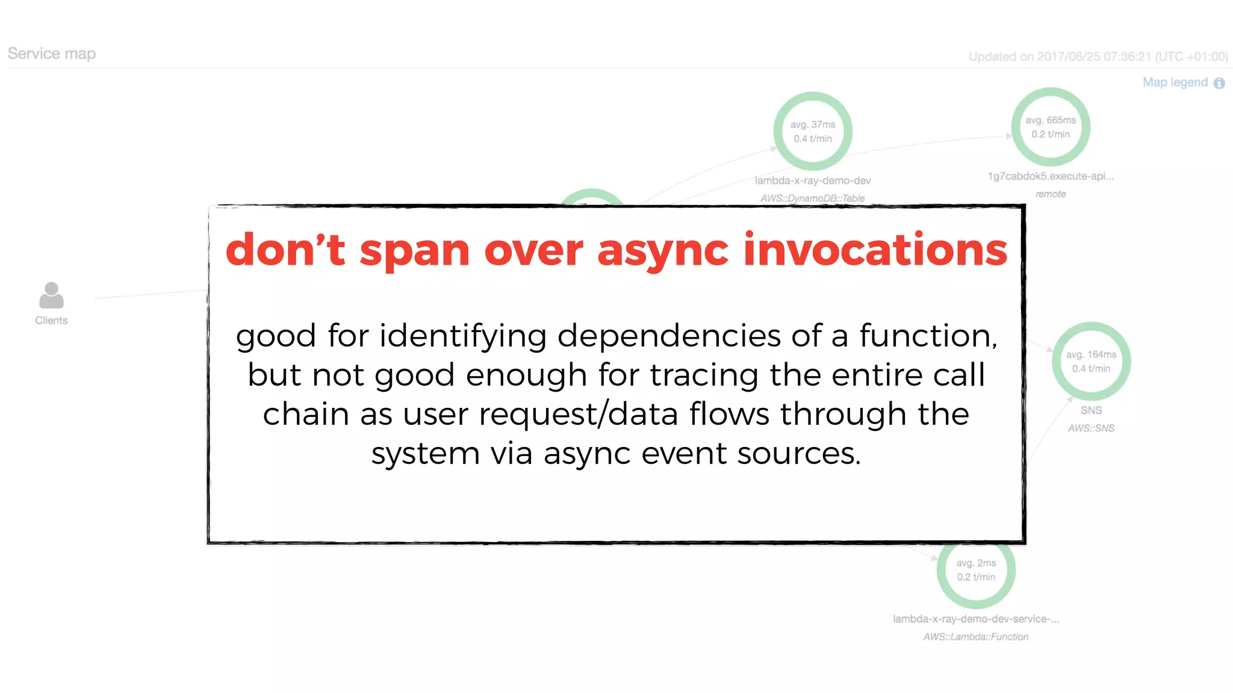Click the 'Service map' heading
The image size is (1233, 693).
point(52,54)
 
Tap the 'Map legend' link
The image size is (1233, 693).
point(1175,82)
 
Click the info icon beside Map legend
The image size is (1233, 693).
point(1219,83)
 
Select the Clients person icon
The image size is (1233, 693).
point(51,295)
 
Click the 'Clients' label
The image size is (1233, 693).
point(51,321)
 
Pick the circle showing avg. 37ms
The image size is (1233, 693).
point(813,131)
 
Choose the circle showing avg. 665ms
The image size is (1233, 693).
point(1051,127)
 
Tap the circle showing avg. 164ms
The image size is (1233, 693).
point(1091,362)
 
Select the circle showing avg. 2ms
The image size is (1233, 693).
point(976,570)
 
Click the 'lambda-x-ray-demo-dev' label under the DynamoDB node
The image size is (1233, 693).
point(813,180)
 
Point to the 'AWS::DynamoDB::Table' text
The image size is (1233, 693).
point(813,198)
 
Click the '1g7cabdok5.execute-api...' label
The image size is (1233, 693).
point(1051,176)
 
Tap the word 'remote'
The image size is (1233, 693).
point(1051,194)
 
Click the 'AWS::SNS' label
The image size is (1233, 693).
point(1091,428)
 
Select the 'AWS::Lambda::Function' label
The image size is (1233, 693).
point(976,636)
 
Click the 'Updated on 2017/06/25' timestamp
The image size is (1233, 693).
point(1098,57)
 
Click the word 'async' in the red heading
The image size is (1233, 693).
point(662,250)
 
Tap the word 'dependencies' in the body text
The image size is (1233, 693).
point(668,336)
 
